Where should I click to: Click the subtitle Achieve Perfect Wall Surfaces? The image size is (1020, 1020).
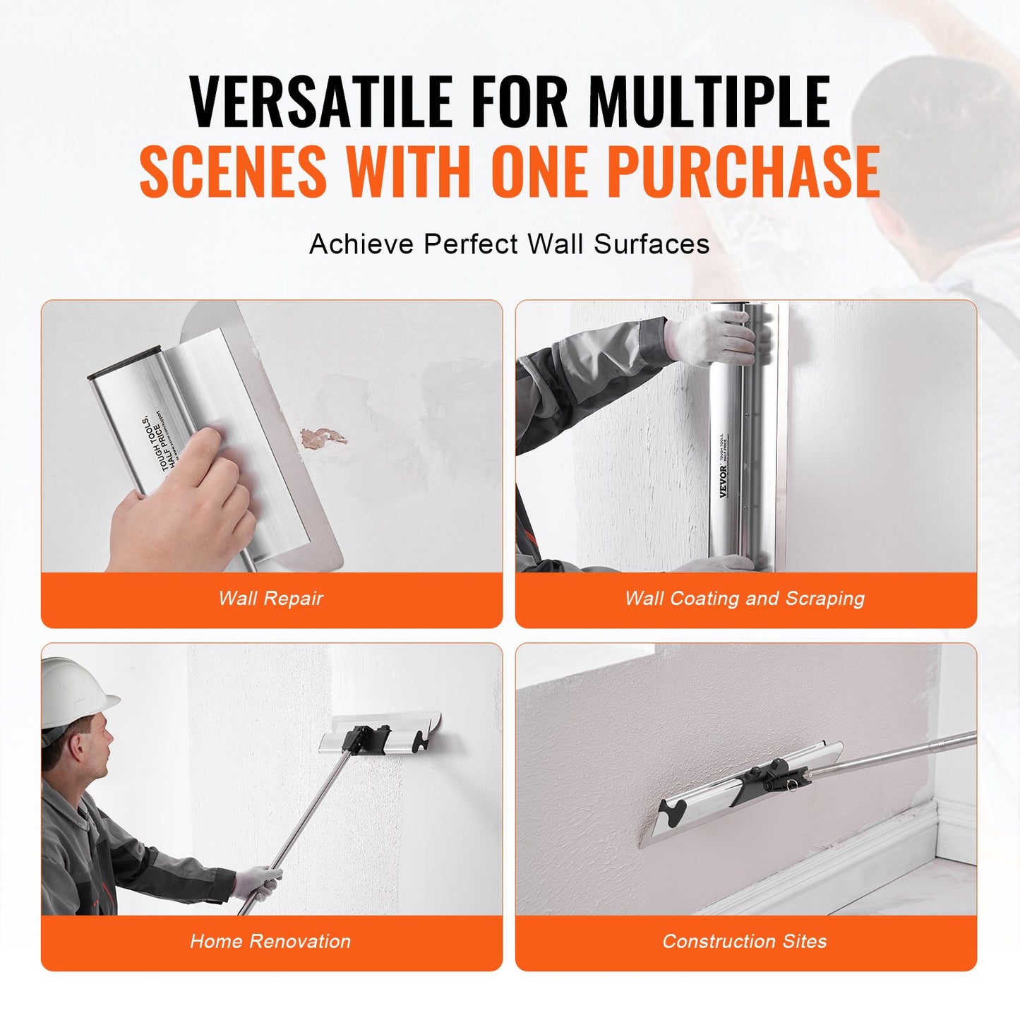509,244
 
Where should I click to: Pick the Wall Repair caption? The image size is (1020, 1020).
271,599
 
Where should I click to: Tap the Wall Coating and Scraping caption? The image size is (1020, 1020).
745,599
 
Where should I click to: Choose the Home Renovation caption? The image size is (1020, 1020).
270,941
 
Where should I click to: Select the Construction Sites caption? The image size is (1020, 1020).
745,941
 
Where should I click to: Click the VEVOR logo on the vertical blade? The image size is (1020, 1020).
724,481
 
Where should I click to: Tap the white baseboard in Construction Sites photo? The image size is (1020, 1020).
847,868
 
